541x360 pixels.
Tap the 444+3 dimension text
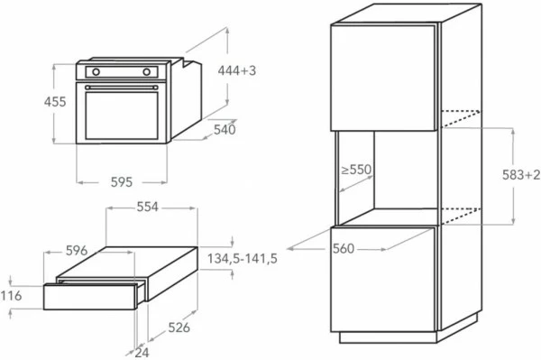(237, 70)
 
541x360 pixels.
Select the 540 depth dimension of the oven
(225, 130)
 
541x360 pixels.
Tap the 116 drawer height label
(11, 296)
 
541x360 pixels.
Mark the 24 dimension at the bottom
(142, 353)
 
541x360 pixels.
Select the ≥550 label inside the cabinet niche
(357, 169)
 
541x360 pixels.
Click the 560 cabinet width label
(343, 249)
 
